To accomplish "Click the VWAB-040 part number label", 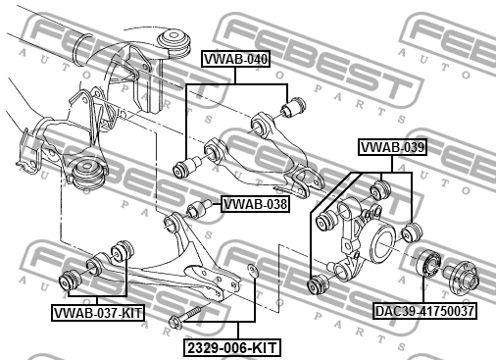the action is [235, 60].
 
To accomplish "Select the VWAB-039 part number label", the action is [391, 148].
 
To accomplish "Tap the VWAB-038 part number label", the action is [255, 205].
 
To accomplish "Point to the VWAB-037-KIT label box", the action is [97, 313].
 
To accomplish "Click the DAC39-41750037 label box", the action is [424, 311].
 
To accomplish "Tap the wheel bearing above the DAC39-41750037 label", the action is [428, 264].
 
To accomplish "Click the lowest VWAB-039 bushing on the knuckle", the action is [317, 284].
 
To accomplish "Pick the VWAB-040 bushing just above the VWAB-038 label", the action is [182, 169].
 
